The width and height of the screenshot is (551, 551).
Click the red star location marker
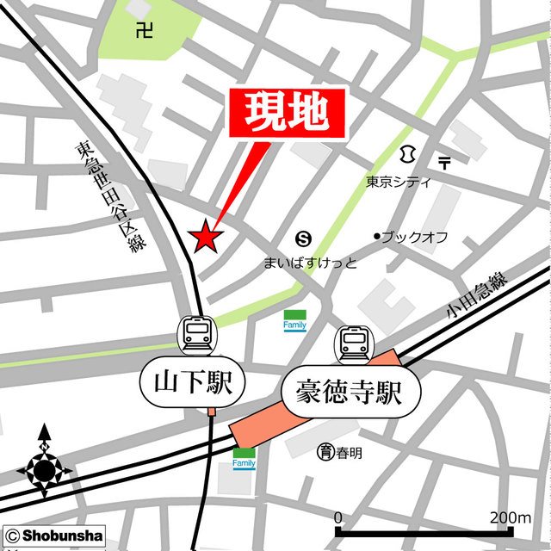[206, 236]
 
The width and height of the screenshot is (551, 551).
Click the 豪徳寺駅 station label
[350, 394]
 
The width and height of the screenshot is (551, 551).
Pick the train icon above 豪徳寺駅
[353, 344]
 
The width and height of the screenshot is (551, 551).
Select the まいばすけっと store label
[310, 262]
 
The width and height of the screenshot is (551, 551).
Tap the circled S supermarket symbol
[303, 238]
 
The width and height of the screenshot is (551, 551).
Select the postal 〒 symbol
[444, 161]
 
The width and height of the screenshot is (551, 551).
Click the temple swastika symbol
[145, 32]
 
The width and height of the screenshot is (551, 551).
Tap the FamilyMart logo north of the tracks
[295, 320]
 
